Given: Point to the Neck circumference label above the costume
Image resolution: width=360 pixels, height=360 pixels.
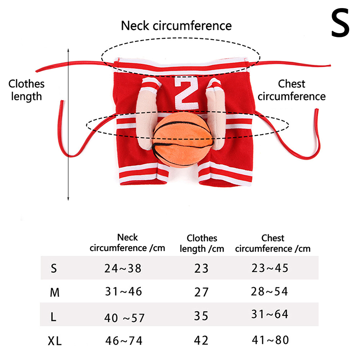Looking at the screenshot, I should click(x=176, y=26).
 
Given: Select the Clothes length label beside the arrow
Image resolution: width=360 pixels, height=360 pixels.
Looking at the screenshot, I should click(x=27, y=90).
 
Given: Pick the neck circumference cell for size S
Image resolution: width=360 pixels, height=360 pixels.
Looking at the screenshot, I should click(x=123, y=269).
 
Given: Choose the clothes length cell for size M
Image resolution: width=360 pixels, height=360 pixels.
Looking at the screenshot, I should click(x=201, y=292).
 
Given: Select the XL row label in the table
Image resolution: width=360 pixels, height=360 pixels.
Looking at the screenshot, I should click(x=55, y=341).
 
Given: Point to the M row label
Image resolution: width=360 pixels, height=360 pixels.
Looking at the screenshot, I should click(x=54, y=293).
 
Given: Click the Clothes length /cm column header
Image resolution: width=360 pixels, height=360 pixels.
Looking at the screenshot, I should click(x=202, y=243).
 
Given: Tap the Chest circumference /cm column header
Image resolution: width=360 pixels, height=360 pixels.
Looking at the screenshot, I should click(x=273, y=243).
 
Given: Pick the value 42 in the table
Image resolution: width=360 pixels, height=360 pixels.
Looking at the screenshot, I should click(x=201, y=340).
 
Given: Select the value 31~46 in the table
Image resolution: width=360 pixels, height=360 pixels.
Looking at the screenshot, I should click(x=123, y=292).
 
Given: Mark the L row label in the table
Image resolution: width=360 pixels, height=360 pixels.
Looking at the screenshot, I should click(x=54, y=317).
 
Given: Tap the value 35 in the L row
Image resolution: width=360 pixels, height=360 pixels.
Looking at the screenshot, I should click(x=201, y=315).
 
